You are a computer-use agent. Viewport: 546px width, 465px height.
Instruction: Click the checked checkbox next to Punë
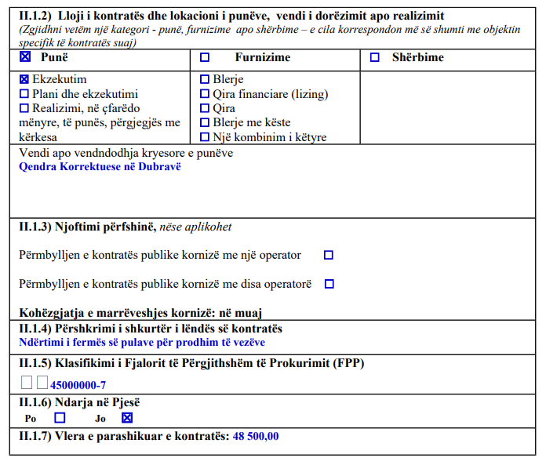(24, 57)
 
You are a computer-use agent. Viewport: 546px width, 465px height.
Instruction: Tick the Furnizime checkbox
(205, 57)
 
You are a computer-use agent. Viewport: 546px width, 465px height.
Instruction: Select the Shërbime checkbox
(374, 57)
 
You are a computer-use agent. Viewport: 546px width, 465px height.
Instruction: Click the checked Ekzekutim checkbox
(24, 79)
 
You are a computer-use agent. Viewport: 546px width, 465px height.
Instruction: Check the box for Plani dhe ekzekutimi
(24, 93)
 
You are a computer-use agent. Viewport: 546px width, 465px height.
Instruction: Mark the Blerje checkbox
(205, 79)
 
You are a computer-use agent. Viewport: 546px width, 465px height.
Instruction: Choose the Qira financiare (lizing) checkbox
(205, 94)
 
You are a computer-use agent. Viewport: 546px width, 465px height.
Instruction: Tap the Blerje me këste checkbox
(205, 122)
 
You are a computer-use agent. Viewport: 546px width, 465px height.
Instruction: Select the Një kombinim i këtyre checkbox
(205, 137)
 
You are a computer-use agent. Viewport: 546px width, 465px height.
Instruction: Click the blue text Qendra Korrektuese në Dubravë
(100, 167)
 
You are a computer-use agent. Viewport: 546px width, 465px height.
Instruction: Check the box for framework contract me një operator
(329, 255)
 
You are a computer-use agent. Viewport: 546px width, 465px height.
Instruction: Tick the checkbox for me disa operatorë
(329, 283)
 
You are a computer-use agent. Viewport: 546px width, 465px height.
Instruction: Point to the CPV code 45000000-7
(78, 385)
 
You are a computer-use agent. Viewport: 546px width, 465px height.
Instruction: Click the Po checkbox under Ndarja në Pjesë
(60, 418)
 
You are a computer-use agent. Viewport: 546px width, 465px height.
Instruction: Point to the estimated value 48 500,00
(256, 436)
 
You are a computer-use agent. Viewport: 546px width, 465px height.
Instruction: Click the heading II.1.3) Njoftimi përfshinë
(87, 227)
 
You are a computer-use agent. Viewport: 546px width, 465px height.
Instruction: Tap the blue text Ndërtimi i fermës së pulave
(141, 342)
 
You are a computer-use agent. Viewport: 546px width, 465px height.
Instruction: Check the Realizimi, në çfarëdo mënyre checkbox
(24, 108)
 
